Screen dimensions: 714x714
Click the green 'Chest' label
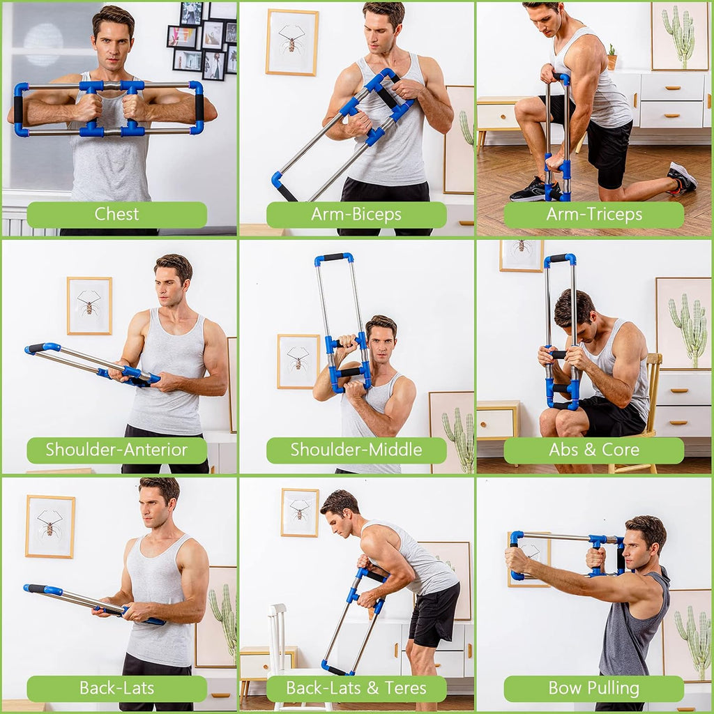pyautogui.click(x=116, y=215)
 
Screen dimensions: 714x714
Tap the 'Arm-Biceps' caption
pyautogui.click(x=356, y=215)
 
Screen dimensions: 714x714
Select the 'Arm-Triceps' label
pyautogui.click(x=593, y=215)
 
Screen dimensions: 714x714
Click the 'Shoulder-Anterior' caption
pyautogui.click(x=116, y=450)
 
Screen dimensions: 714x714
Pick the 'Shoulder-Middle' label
pyautogui.click(x=356, y=450)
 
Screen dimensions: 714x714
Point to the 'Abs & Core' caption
pyautogui.click(x=593, y=450)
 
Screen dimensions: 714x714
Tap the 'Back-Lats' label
pyautogui.click(x=116, y=689)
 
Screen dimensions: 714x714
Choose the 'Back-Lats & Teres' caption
pyautogui.click(x=356, y=689)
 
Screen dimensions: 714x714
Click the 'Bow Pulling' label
pyautogui.click(x=593, y=689)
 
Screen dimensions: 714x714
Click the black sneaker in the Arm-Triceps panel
pyautogui.click(x=533, y=190)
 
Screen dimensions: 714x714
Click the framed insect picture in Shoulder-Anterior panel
pyautogui.click(x=89, y=305)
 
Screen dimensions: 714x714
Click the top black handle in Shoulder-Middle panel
pyautogui.click(x=333, y=258)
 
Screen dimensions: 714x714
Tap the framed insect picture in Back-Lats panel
pyautogui.click(x=50, y=526)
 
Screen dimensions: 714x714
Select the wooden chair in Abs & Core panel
pyautogui.click(x=648, y=411)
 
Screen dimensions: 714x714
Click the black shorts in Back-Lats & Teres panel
pyautogui.click(x=432, y=614)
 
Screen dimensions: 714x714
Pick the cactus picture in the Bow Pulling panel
pyautogui.click(x=687, y=635)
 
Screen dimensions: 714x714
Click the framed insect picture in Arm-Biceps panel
pyautogui.click(x=291, y=43)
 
